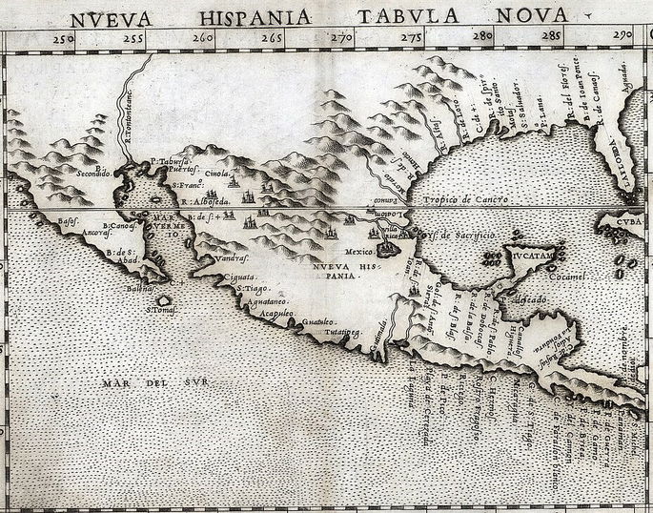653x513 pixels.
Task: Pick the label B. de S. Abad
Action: coord(125,258)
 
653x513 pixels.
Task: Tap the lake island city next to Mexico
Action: coord(387,249)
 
